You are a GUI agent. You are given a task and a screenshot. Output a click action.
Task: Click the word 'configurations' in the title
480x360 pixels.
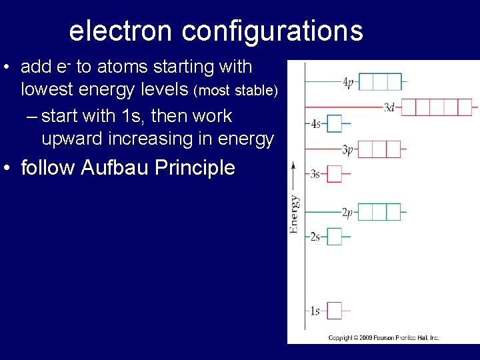point(273,31)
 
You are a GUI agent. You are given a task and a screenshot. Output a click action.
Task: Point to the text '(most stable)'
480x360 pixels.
point(235,90)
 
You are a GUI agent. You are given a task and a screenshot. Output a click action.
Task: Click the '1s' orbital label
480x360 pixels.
point(315,311)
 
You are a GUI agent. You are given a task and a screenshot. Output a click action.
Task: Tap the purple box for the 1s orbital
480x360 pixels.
point(334,311)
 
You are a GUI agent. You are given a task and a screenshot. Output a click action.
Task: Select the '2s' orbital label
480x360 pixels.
point(315,237)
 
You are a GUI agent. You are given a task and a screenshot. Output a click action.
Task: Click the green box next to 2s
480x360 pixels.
point(334,237)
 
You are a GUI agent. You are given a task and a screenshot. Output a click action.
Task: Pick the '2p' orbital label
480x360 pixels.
point(347,213)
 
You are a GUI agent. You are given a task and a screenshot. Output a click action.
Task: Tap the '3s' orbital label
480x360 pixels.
point(315,174)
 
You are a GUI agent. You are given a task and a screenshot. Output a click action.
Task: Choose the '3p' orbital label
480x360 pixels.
point(347,150)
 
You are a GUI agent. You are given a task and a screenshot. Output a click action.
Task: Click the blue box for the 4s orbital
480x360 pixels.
point(334,123)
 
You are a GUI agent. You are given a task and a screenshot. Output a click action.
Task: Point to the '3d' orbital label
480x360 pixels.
point(390,107)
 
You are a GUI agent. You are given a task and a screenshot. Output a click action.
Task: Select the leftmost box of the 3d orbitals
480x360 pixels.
point(408,107)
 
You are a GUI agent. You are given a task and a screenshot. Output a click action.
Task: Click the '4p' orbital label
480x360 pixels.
point(347,83)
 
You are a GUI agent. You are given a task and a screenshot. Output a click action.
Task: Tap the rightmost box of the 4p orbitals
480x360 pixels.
point(393,82)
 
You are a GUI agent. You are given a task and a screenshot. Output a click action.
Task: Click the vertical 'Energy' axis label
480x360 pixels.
point(294,213)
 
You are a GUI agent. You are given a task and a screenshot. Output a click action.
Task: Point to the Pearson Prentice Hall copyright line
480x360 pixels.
point(383,338)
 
